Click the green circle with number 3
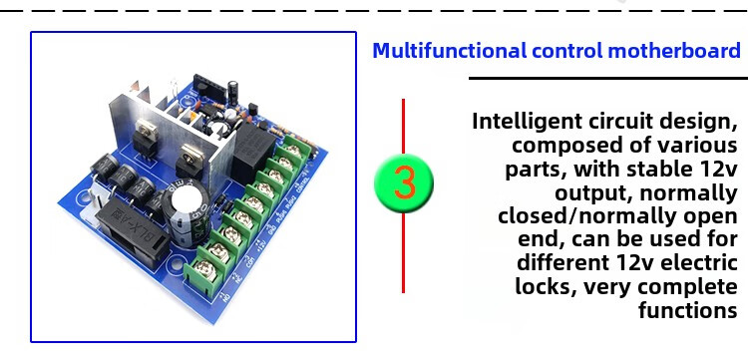(x=404, y=182)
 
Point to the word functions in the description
(x=688, y=310)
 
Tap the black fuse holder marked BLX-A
(x=133, y=229)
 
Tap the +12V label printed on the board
(x=261, y=244)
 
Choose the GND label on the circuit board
(x=271, y=229)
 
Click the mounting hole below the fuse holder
(x=176, y=263)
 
